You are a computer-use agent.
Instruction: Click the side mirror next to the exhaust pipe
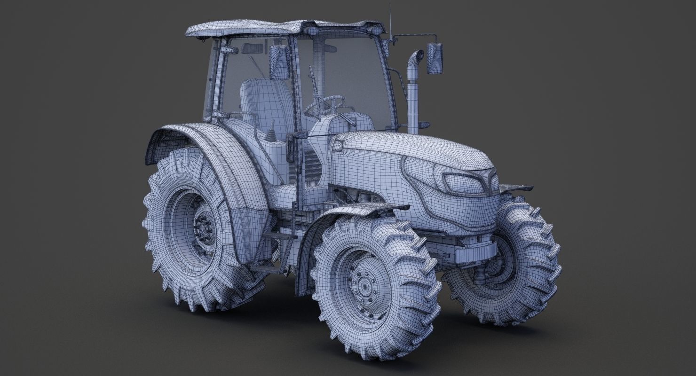click(435, 58)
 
